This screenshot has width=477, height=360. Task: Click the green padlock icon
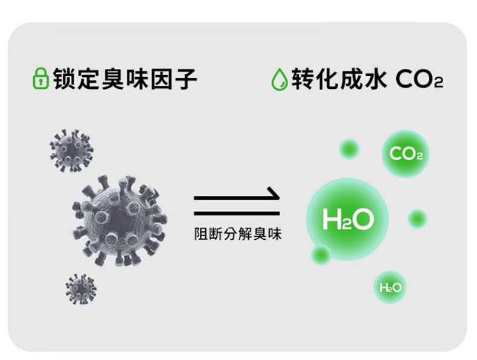point(40,79)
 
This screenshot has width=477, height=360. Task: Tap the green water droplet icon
point(279,79)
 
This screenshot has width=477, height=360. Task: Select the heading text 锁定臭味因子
point(124,79)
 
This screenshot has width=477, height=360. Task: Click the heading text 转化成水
point(338,79)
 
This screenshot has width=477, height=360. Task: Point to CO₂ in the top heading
point(420,80)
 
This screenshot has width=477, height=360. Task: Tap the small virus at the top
point(71,149)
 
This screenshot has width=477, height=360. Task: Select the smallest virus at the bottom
point(81,289)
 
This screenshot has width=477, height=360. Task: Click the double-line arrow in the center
point(237,205)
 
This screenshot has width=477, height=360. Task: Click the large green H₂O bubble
point(347,218)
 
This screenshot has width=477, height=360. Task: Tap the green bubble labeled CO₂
point(405,153)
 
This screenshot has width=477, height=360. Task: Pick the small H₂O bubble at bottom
point(390,288)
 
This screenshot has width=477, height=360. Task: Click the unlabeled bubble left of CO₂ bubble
point(349,149)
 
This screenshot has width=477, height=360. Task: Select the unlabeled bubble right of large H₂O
point(417,218)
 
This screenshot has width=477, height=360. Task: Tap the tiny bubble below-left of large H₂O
point(320,255)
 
